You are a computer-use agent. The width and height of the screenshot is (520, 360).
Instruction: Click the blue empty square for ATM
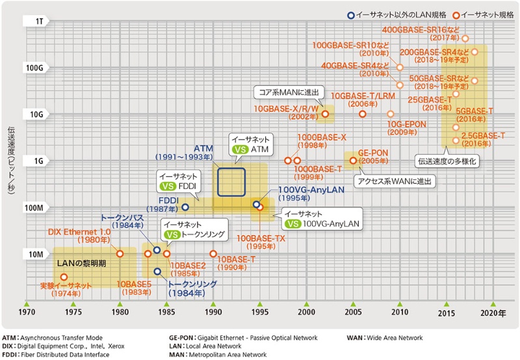click(231, 183)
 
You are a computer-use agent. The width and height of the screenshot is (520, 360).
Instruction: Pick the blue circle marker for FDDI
click(185, 207)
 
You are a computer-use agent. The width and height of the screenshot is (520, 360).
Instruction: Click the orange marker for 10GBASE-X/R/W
click(325, 114)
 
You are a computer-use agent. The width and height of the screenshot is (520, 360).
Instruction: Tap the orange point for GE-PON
click(353, 161)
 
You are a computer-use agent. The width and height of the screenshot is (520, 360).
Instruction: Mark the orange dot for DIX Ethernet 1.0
click(120, 253)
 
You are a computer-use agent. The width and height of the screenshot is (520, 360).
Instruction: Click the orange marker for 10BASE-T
click(213, 253)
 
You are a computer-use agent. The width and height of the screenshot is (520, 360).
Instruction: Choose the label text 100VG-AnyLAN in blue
click(305, 189)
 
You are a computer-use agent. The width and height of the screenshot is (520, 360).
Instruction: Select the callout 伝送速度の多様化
click(447, 161)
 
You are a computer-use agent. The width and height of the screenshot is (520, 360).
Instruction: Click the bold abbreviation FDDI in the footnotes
click(12, 355)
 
